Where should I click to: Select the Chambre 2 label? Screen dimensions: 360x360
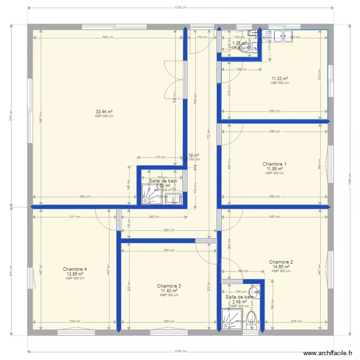click(x=281, y=262)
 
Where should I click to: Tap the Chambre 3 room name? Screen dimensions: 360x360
click(x=169, y=286)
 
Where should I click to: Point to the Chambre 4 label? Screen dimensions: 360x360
click(x=75, y=269)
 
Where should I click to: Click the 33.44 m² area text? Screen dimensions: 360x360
click(x=104, y=111)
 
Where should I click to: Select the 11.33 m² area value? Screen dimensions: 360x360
click(x=279, y=78)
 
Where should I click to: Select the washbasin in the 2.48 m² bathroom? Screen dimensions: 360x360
click(x=255, y=291)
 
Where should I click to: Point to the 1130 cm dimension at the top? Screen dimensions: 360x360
click(x=180, y=8)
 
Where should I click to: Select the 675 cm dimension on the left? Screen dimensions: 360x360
click(x=10, y=115)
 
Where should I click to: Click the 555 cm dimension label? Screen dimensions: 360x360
click(x=108, y=37)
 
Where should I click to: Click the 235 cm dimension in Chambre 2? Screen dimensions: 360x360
click(x=296, y=322)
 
